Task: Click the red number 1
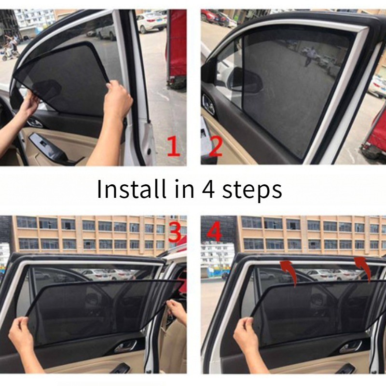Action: coord(174,146)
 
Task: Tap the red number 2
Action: coord(216,146)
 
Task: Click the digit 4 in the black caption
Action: coord(208,189)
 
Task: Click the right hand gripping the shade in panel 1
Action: coord(118,98)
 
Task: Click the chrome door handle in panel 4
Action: coord(351,346)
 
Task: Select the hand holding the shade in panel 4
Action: coord(245,332)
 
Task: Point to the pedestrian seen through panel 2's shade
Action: coord(308,56)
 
